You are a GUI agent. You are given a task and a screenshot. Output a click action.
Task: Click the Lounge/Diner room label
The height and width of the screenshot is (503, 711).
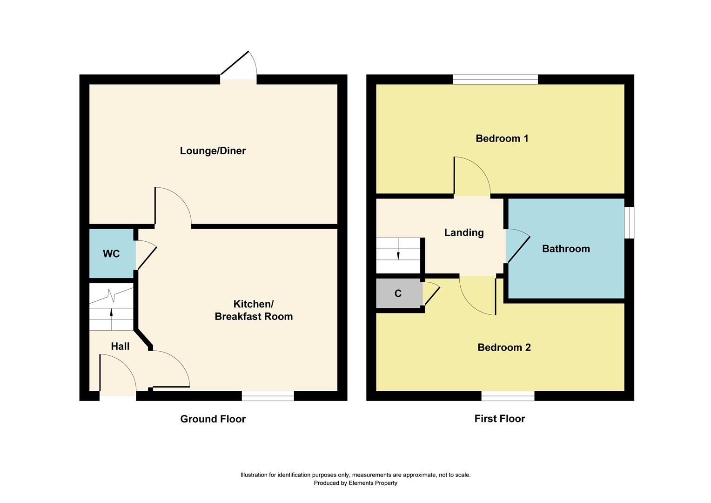coord(213,151)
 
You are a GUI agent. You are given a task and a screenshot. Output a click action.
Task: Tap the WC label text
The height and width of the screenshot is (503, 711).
coord(111,254)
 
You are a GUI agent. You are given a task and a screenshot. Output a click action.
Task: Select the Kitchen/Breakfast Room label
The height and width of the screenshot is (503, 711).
coord(254,310)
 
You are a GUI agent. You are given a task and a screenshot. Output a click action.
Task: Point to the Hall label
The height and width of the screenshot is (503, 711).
coord(120,347)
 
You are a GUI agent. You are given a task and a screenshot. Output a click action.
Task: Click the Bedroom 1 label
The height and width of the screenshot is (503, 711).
coord(502,138)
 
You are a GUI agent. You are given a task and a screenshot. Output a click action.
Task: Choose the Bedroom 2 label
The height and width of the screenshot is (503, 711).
coord(504,347)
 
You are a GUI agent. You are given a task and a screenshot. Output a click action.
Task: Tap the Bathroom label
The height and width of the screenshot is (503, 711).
coord(566,249)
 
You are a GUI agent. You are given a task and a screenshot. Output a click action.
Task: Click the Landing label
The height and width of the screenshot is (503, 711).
coord(464,233)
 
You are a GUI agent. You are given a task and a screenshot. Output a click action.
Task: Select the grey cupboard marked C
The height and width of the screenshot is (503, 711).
coord(398,294)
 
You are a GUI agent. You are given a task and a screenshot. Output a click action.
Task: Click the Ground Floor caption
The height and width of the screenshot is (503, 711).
coord(213,419)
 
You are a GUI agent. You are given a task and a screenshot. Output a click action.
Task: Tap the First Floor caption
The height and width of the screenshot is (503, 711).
coord(499,419)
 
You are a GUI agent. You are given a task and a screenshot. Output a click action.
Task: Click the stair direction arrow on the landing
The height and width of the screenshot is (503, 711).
coord(398,255)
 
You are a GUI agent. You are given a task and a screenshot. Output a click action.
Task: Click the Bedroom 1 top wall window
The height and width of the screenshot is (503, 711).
coord(495,80)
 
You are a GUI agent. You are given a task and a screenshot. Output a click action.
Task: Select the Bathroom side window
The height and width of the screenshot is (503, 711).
coord(629,223)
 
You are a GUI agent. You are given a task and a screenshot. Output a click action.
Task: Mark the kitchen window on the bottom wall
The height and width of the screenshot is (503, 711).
coord(268,396)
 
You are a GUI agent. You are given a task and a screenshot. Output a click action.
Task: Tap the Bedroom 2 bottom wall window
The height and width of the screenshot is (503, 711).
coord(508,396)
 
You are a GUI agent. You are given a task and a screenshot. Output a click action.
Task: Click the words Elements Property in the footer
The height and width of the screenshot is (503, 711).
coord(373,483)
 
